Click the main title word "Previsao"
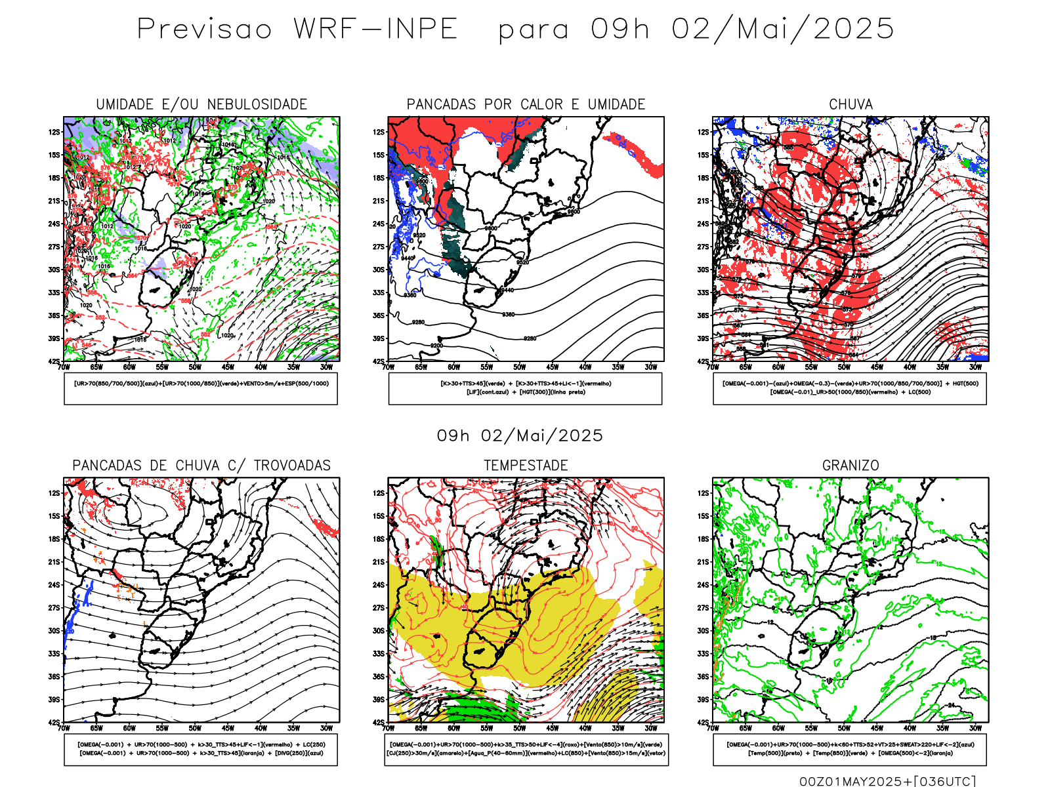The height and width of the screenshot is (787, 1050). click(x=204, y=30)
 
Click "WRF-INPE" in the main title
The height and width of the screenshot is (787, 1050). click(x=375, y=30)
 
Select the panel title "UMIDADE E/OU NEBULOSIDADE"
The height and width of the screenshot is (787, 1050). click(x=201, y=104)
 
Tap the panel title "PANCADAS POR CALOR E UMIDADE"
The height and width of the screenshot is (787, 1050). click(x=526, y=104)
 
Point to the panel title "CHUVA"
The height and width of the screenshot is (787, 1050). click(x=850, y=104)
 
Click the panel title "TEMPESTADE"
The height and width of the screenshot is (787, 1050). click(x=526, y=466)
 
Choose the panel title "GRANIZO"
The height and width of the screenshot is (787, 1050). click(x=850, y=466)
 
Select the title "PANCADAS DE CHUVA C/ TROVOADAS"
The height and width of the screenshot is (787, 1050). click(x=201, y=466)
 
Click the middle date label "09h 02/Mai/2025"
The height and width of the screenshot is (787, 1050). click(x=520, y=435)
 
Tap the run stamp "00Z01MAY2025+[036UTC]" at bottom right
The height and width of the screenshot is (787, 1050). click(x=887, y=780)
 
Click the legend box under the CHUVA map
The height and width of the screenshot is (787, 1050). click(x=850, y=388)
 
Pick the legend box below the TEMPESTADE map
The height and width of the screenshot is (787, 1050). click(x=526, y=749)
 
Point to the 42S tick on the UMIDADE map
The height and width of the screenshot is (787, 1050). click(x=54, y=361)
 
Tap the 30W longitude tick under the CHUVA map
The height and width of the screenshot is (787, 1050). click(x=976, y=367)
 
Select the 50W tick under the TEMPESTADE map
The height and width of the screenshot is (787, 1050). click(x=520, y=728)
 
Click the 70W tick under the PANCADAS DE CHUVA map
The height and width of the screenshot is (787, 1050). click(x=64, y=728)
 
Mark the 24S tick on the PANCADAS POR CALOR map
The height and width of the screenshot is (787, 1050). click(x=379, y=224)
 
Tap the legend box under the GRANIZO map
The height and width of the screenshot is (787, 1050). click(x=850, y=749)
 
